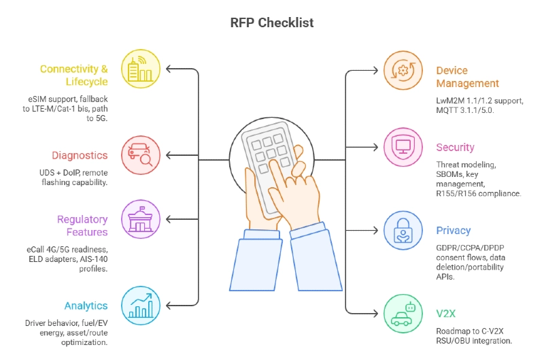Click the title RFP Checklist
coord(272,22)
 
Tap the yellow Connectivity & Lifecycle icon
coord(141,69)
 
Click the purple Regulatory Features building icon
coord(141,219)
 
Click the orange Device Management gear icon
coord(403,70)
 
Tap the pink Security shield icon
coord(403,146)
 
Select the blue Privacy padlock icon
coord(403,229)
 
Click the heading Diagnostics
coord(80,155)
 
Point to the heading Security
coord(455,147)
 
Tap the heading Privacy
coord(454,231)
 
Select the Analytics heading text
coord(86,306)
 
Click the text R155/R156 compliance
coord(478,193)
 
